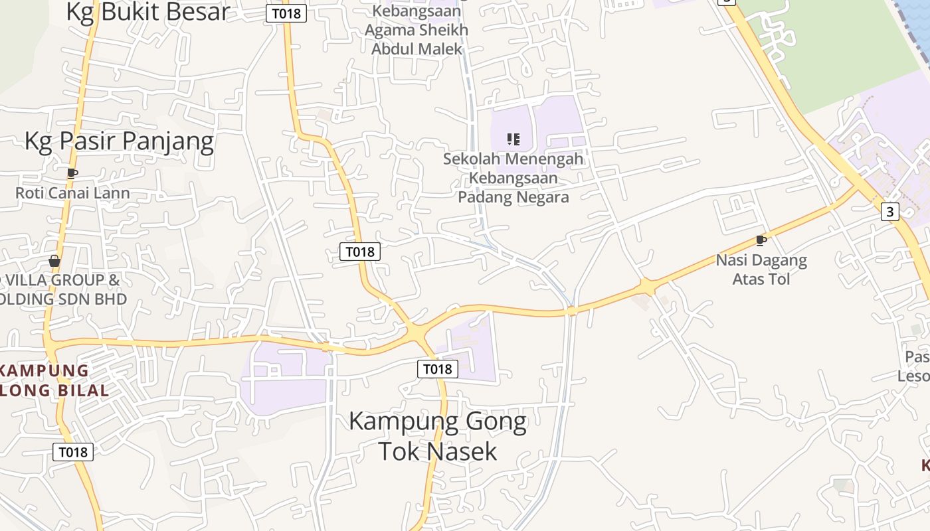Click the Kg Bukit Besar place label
(147, 11)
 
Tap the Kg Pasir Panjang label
(119, 141)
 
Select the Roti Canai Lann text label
(72, 193)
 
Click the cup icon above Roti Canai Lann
(72, 174)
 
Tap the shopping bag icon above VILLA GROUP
(54, 261)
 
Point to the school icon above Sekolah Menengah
(513, 139)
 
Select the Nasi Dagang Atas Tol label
(761, 269)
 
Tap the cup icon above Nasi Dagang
(761, 240)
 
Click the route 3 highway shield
(889, 212)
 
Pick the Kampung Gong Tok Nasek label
(438, 436)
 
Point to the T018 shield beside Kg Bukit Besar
(286, 13)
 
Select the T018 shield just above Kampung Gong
(438, 369)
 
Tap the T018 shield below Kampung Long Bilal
(73, 452)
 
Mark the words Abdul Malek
(417, 49)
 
